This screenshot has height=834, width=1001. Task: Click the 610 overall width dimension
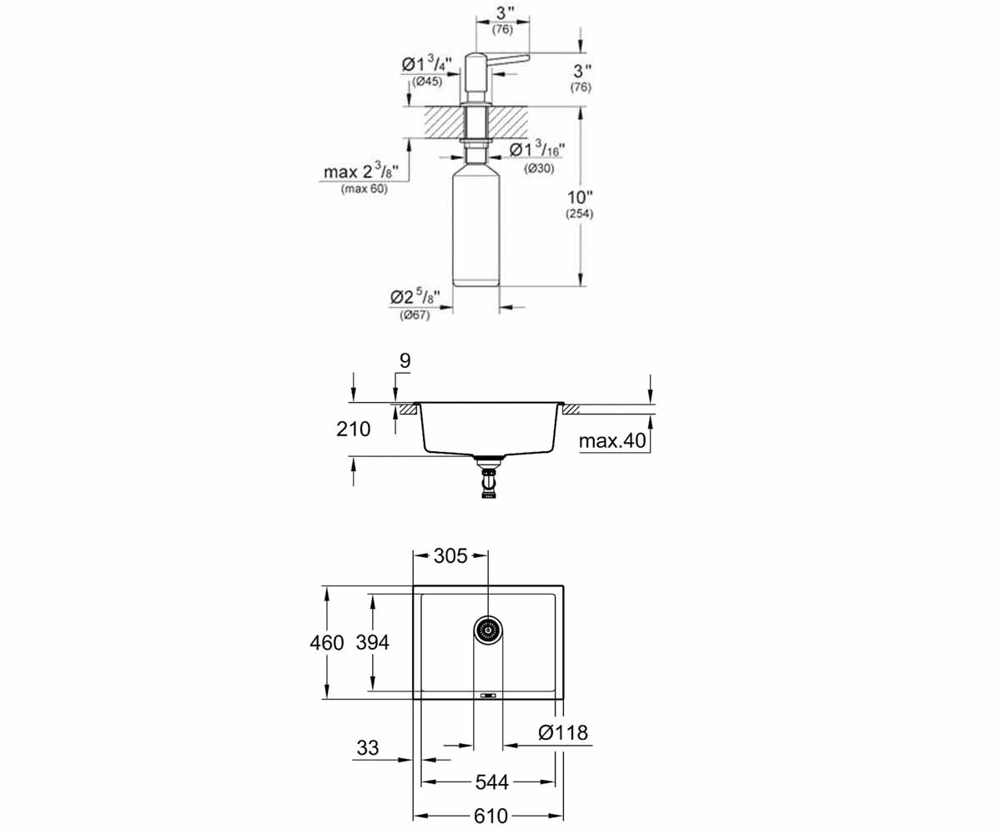(490, 816)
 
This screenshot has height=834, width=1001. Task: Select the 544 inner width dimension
(491, 781)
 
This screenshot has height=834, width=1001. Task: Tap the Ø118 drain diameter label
(563, 732)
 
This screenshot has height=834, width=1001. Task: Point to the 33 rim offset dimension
(368, 747)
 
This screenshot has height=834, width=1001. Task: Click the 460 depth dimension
(327, 642)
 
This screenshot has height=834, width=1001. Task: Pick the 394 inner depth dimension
(373, 642)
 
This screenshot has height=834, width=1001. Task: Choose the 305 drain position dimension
(450, 555)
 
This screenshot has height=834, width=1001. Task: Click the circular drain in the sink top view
(488, 630)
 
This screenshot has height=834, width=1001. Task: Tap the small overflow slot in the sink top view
(488, 696)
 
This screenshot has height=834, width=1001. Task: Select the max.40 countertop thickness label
(612, 440)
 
